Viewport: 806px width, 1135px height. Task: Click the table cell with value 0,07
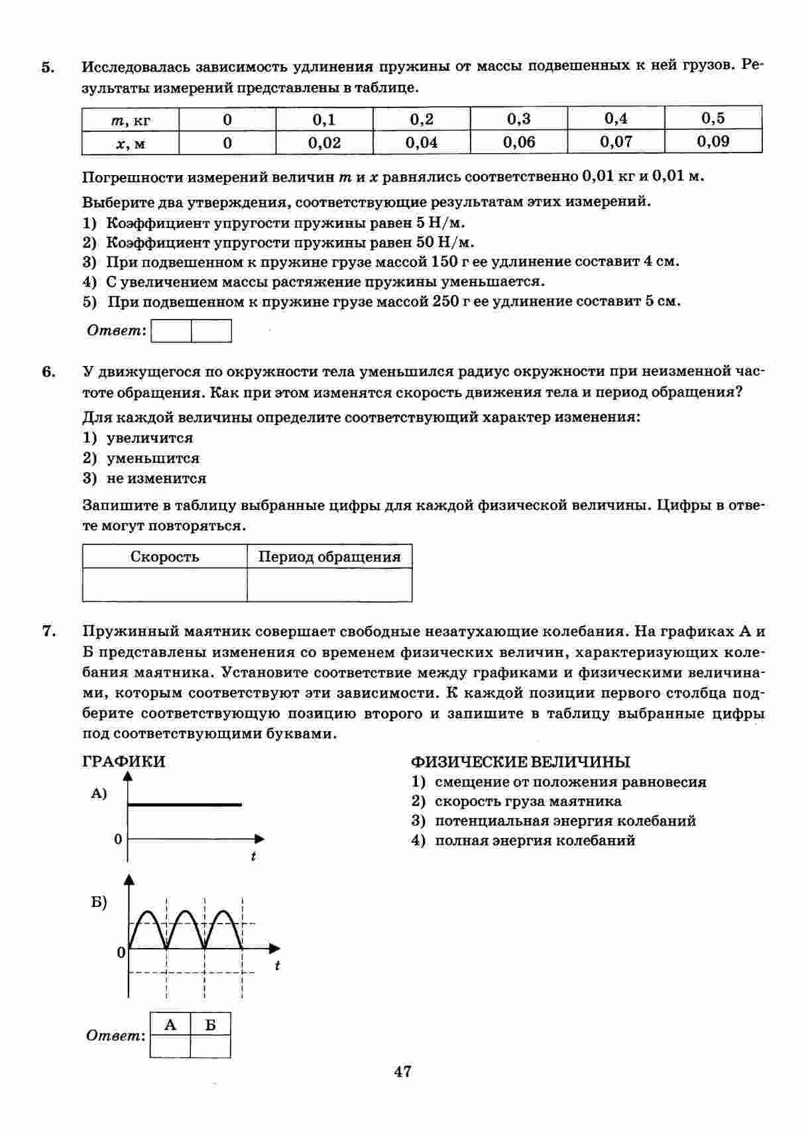tap(616, 141)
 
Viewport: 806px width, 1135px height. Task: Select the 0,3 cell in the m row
tap(519, 119)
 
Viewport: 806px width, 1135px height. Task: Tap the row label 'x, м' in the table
tap(131, 143)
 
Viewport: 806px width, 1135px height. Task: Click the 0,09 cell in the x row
tap(713, 141)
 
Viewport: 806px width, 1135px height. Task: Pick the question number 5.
tap(48, 67)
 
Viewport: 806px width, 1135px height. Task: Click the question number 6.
tap(48, 371)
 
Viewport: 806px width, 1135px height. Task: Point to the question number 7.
tap(48, 631)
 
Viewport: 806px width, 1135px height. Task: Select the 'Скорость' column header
tap(164, 557)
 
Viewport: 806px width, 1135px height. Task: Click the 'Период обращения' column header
tap(329, 557)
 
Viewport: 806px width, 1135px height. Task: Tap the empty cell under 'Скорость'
tap(164, 585)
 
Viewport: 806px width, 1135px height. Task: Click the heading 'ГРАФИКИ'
tap(123, 762)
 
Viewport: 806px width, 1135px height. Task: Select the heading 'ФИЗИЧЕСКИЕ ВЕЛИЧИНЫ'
tap(520, 762)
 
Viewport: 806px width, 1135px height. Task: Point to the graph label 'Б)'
tap(99, 902)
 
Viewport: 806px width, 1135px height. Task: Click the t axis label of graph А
tap(253, 857)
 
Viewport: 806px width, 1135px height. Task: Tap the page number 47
tap(402, 1071)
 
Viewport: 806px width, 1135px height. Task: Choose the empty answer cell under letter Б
tap(210, 1046)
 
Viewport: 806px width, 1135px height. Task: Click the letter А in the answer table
tap(170, 1025)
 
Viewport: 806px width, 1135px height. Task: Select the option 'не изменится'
tap(156, 479)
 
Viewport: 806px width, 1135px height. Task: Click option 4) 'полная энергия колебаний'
tap(534, 841)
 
